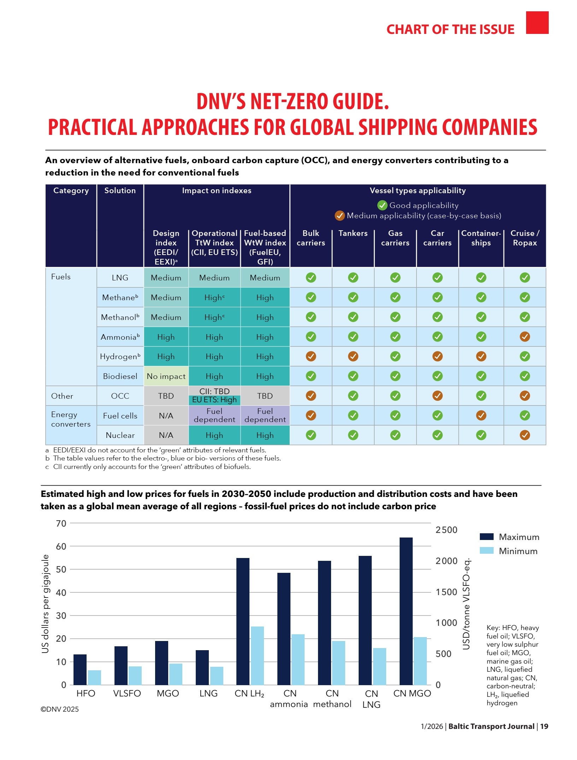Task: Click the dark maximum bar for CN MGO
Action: [406, 611]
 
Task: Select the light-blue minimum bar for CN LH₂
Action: [257, 655]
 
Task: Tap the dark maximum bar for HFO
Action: [80, 670]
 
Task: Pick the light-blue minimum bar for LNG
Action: [217, 676]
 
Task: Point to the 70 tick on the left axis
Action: [61, 523]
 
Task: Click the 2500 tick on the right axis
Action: [446, 530]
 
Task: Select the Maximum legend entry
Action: [509, 537]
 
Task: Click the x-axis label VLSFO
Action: [127, 693]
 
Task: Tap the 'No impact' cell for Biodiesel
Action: [166, 376]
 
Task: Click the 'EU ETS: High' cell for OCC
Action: [214, 400]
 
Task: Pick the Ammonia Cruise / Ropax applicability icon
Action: [525, 337]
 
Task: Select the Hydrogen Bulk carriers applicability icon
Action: [311, 356]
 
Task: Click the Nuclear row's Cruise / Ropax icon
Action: [525, 435]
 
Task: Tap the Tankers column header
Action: [353, 233]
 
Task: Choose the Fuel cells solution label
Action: [120, 416]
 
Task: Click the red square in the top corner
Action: [537, 23]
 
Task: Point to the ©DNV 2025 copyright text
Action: [60, 709]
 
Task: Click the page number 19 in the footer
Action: [544, 726]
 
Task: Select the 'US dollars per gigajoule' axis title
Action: [45, 604]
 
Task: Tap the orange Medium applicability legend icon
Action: [340, 215]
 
